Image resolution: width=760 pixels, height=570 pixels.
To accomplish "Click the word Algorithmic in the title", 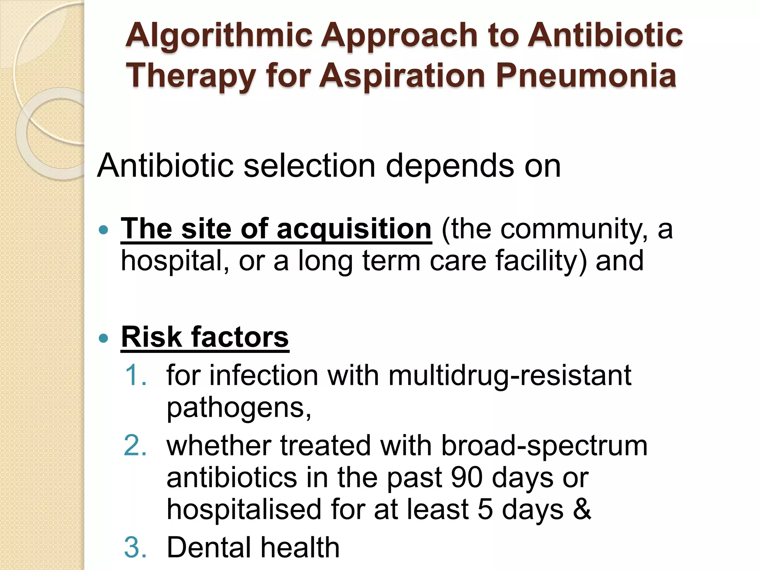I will tap(219, 36).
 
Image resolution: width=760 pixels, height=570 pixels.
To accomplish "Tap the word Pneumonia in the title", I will tap(586, 76).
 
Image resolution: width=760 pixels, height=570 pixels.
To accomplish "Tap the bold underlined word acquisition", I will tap(354, 229).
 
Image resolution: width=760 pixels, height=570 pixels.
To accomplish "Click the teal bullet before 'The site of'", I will tap(104, 230).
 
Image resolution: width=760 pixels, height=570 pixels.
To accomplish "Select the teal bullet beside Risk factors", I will tap(104, 338).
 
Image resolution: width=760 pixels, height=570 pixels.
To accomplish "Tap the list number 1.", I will tap(135, 375).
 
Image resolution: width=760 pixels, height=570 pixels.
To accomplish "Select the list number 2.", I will tap(135, 445).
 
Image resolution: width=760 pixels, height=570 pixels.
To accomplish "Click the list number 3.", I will tap(135, 547).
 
